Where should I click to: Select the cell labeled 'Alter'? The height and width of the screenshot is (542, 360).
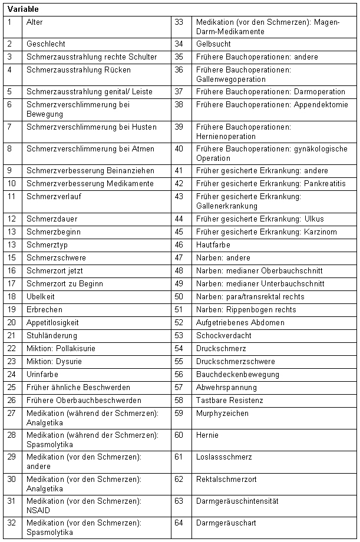(35, 22)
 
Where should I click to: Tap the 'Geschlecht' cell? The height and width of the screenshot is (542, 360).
(46, 44)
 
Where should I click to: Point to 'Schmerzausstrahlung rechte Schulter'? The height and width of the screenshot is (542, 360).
(91, 57)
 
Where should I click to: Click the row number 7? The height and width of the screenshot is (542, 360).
(10, 127)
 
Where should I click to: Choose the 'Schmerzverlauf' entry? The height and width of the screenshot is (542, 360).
(52, 196)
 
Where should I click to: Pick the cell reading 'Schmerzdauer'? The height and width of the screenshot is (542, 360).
(52, 219)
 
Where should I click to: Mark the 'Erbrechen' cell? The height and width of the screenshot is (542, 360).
(44, 309)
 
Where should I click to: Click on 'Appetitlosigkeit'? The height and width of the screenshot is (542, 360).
(52, 322)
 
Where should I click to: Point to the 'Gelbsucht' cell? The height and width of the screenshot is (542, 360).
(213, 44)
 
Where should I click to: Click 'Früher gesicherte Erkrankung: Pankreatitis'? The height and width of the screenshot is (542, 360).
(270, 183)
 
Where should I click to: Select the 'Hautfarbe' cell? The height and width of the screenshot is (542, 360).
(213, 244)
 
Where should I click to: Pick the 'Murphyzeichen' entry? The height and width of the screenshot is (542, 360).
(222, 413)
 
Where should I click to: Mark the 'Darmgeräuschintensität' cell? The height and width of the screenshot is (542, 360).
(237, 501)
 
